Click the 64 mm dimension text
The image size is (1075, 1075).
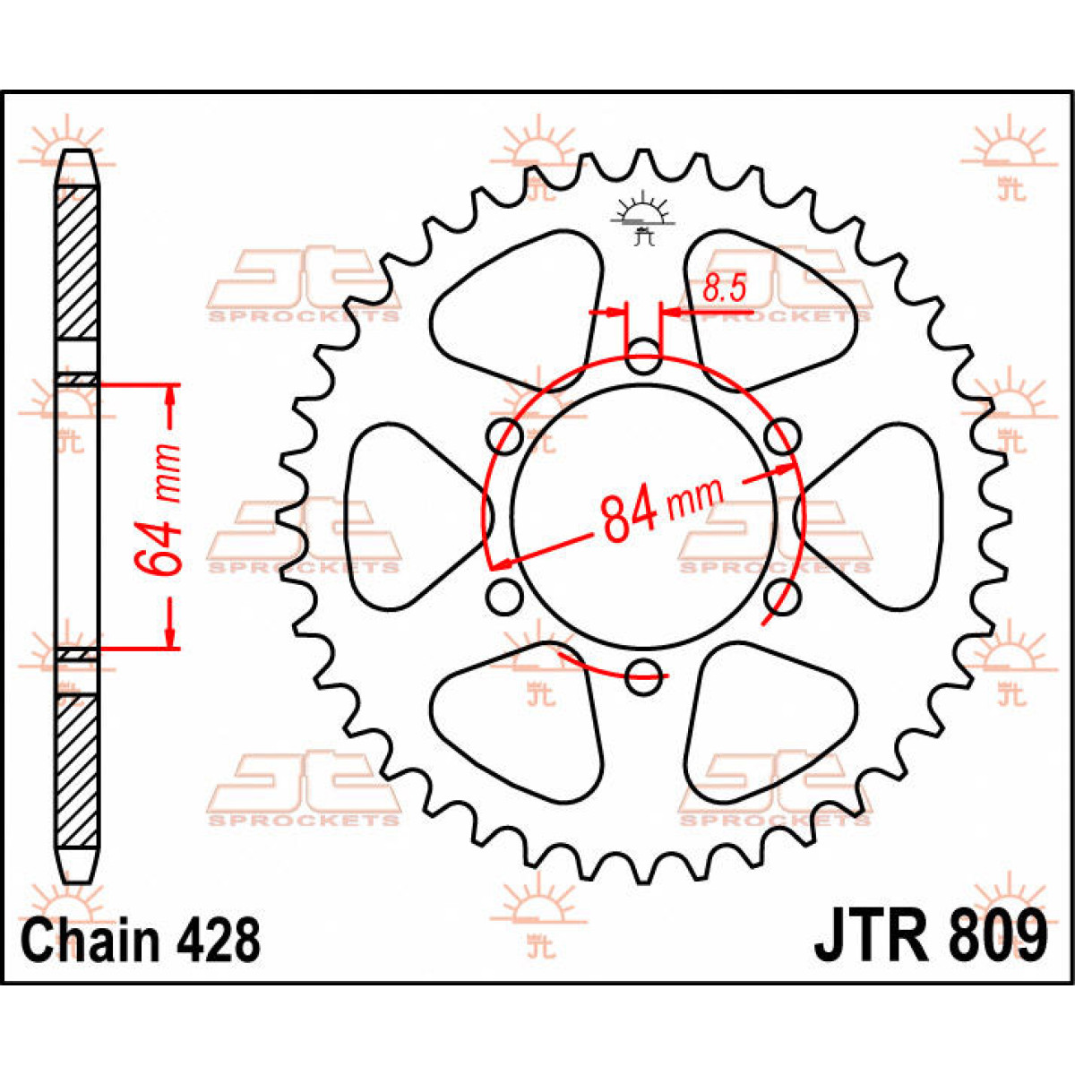[159, 516]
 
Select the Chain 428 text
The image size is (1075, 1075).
[142, 940]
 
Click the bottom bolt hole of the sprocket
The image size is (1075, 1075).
[643, 676]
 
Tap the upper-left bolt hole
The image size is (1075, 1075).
[504, 436]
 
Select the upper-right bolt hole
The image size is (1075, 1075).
[783, 436]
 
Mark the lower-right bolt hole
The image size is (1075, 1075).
[783, 596]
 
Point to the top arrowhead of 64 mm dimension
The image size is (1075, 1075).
[170, 394]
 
